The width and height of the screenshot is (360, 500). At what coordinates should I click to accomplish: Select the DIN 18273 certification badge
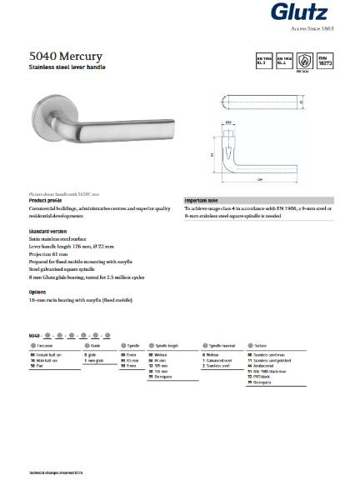click(x=326, y=61)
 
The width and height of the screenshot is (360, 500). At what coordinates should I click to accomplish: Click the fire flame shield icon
click(x=306, y=61)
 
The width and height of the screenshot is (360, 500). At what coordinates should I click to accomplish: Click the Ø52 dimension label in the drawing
click(x=228, y=122)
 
